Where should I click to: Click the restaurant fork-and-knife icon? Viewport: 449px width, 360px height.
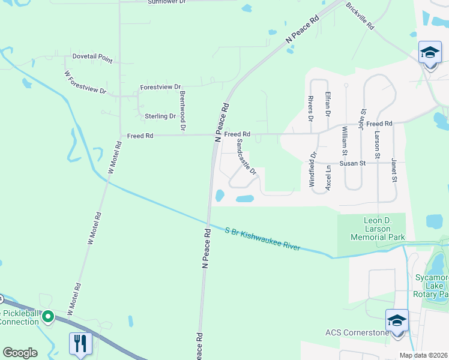80,344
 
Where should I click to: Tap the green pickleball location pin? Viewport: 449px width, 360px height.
49,315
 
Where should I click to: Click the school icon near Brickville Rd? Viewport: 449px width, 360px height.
430,53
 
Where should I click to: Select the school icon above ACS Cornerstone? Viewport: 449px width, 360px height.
397,321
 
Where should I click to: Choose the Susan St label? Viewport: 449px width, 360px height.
353,163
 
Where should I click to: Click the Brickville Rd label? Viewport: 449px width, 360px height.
360,16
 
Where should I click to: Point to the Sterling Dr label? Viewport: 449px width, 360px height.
160,116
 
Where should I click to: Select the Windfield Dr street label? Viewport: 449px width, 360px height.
313,170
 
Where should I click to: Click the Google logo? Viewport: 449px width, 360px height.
20,353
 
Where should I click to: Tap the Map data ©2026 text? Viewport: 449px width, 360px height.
423,355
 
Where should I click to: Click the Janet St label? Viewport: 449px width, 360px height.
394,170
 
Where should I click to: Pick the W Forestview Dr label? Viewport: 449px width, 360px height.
85,82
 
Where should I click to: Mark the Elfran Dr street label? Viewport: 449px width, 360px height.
328,104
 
